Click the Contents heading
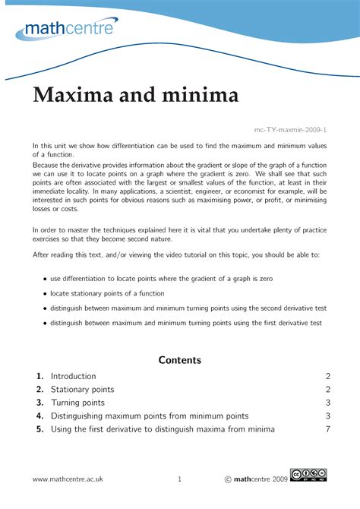click(179, 359)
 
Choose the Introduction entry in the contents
click(73, 376)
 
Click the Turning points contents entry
click(77, 403)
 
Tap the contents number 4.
click(39, 416)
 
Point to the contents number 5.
click(39, 429)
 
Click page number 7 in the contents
click(327, 429)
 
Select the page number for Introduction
click(327, 376)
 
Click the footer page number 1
click(179, 479)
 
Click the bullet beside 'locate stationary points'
click(46, 293)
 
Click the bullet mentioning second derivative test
click(46, 308)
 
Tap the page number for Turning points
click(327, 403)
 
